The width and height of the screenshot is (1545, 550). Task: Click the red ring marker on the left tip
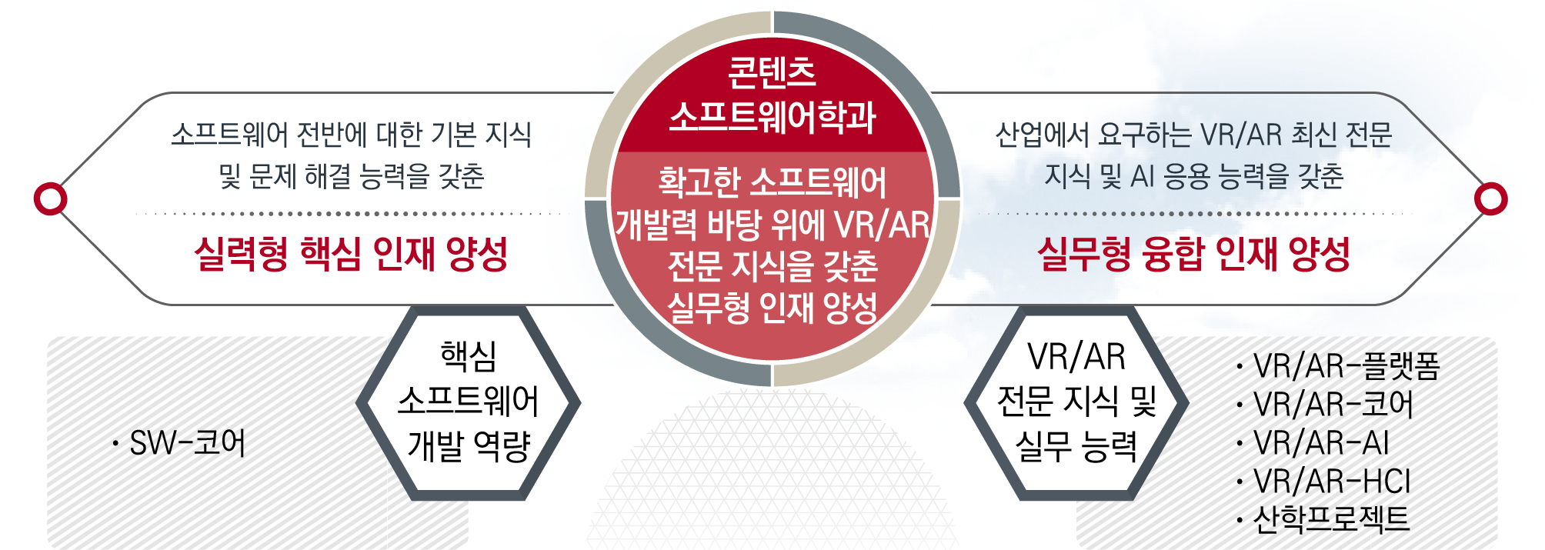click(51, 198)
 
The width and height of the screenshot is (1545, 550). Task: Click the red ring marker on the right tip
click(1491, 198)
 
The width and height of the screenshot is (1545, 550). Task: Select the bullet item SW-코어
click(179, 443)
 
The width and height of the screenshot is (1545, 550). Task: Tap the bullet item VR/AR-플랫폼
click(1339, 366)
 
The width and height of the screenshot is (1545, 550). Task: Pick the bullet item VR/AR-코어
click(1325, 405)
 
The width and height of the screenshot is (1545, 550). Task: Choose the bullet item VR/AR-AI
click(1313, 443)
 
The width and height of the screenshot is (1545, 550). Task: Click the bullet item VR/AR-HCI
click(1323, 482)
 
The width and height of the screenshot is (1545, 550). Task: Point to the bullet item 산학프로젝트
click(1323, 519)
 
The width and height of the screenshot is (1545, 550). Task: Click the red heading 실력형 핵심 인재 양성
click(351, 253)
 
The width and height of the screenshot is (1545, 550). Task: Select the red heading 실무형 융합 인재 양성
click(1194, 253)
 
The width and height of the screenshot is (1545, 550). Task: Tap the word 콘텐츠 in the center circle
click(772, 72)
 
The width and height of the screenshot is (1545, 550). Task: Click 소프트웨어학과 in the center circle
click(772, 118)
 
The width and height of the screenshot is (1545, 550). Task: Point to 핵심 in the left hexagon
click(468, 356)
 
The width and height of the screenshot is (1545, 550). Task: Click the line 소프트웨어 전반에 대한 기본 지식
click(352, 135)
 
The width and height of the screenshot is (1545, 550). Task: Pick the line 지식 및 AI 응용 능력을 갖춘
click(1194, 176)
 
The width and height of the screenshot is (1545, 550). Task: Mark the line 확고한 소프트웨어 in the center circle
click(772, 182)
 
